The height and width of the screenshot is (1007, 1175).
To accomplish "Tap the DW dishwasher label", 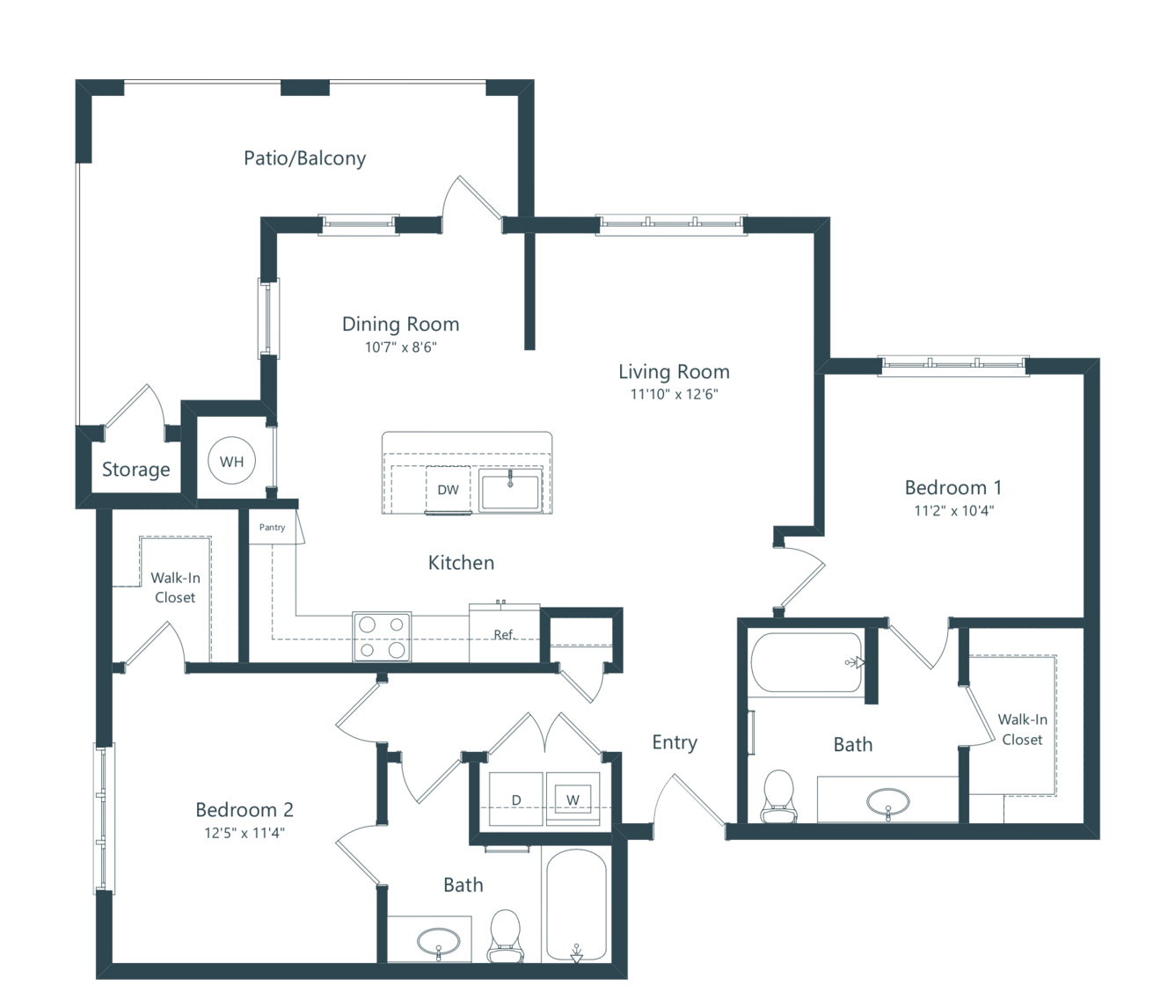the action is click(448, 490).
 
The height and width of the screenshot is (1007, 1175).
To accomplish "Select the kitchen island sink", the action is click(510, 490).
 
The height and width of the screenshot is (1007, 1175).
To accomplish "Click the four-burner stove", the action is click(382, 636).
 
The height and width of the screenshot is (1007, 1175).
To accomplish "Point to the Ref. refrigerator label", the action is click(504, 635).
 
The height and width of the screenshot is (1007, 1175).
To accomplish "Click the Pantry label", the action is click(272, 527).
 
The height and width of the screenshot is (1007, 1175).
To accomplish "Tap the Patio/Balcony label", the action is click(304, 158).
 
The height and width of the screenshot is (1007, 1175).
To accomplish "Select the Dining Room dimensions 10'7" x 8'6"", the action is click(401, 347).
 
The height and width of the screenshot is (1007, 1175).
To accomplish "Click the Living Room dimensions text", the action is click(675, 394).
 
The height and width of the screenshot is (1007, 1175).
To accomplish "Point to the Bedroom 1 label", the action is click(953, 487).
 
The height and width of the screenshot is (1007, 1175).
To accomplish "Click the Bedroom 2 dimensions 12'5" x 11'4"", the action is click(244, 833).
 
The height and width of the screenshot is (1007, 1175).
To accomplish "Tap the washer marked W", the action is click(573, 799).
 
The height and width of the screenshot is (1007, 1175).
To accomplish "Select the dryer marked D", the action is click(515, 799).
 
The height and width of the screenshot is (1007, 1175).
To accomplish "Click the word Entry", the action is click(675, 742).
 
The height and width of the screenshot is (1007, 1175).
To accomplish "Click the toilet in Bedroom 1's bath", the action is click(778, 797).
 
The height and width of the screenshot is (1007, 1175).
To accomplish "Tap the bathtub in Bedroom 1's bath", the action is click(806, 662).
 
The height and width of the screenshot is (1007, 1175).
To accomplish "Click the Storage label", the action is click(135, 469).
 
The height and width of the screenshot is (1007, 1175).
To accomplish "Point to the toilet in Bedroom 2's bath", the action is click(506, 936).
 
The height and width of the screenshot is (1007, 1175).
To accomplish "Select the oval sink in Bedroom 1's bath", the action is click(888, 803).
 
